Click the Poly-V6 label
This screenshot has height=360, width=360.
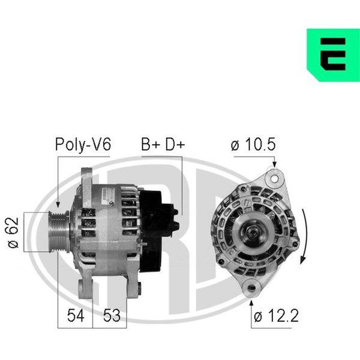83,145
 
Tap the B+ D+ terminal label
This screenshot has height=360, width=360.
163,145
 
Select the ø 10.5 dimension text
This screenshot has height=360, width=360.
253,145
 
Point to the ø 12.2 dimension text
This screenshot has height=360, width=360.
276,316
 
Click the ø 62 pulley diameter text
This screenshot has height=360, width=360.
13,232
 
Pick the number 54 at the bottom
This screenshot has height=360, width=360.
76,316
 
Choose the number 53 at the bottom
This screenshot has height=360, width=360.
112,316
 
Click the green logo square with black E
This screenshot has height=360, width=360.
333,55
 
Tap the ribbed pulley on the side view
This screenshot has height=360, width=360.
59,232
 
